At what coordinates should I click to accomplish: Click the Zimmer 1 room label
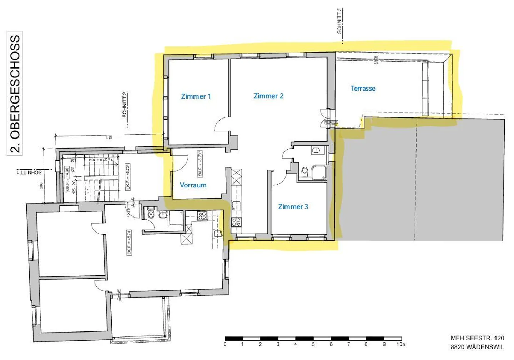click(196, 96)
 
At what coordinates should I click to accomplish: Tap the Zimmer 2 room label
click(268, 96)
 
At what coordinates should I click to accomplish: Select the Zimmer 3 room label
click(293, 207)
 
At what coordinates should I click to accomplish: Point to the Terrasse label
click(363, 89)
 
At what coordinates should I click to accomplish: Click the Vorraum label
click(193, 185)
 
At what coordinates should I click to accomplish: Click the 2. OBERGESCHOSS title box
click(15, 94)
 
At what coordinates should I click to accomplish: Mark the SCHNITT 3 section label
click(339, 21)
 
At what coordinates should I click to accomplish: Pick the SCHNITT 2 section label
click(125, 105)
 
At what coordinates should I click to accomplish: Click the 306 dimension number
click(41, 186)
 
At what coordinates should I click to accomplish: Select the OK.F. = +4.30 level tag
click(67, 179)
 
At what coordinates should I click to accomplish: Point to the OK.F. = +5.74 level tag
click(129, 242)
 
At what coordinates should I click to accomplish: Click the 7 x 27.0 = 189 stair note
click(101, 160)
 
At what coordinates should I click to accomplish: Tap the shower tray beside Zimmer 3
click(318, 172)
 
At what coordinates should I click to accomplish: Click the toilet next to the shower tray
click(304, 172)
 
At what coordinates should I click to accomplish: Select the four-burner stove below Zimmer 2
click(236, 222)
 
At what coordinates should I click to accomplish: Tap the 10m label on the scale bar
click(401, 344)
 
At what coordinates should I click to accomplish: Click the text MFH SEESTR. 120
click(477, 338)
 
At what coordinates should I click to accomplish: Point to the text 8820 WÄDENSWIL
click(477, 347)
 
